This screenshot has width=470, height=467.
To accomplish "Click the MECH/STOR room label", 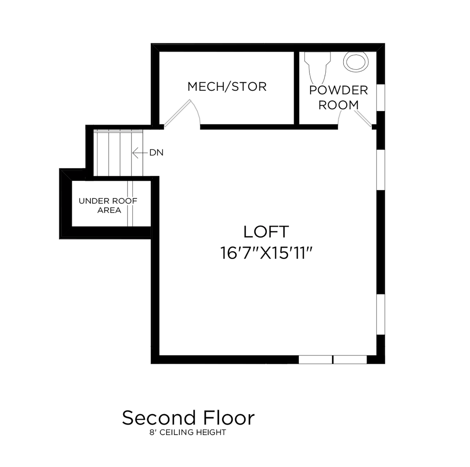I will click(227, 86).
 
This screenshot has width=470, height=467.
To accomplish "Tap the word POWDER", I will click(338, 90).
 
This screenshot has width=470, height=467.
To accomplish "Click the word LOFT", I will click(265, 232).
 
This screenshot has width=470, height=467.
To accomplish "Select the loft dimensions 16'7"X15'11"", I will click(266, 253).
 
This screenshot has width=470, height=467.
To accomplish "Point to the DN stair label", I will click(156, 153).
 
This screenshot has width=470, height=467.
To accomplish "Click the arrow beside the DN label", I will click(139, 153).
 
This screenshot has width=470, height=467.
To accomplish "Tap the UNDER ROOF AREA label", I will click(108, 205).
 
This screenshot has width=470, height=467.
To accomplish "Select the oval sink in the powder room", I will click(356, 61).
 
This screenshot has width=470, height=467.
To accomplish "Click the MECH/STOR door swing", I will click(182, 114).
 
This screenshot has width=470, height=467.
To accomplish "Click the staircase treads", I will click(119, 153).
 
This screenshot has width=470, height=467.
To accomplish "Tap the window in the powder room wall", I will click(381, 98).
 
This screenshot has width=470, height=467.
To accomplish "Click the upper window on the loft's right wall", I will click(381, 170).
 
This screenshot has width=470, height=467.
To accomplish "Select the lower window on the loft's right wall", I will click(381, 314).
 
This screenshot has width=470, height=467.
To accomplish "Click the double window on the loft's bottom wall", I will click(333, 359).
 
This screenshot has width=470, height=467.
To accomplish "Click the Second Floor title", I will click(188, 418).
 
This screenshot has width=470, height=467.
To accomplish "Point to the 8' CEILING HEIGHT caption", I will click(188, 432).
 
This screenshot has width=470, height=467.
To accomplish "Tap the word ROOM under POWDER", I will click(339, 105).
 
